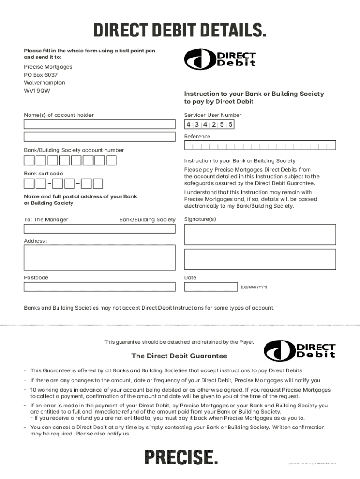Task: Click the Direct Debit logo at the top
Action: pyautogui.click(x=220, y=59)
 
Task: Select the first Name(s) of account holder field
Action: pyautogui.click(x=100, y=124)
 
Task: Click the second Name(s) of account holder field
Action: pyautogui.click(x=100, y=137)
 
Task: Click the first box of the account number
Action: pyautogui.click(x=29, y=160)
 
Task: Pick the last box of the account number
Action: pyautogui.click(x=111, y=160)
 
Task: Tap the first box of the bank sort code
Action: pyautogui.click(x=29, y=183)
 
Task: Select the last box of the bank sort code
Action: pyautogui.click(x=98, y=183)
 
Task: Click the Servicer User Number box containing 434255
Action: pyautogui.click(x=209, y=124)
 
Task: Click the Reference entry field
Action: pyautogui.click(x=260, y=146)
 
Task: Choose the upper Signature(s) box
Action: pyautogui.click(x=260, y=234)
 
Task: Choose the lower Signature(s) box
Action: pyautogui.click(x=260, y=259)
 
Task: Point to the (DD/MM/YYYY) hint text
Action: pyautogui.click(x=254, y=286)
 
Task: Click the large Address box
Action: pyautogui.click(x=100, y=259)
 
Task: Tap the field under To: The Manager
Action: pyautogui.click(x=100, y=229)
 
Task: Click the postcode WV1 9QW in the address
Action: pyautogui.click(x=37, y=91)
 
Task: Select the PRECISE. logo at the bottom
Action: pyautogui.click(x=180, y=457)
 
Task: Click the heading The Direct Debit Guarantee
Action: pyautogui.click(x=180, y=356)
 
